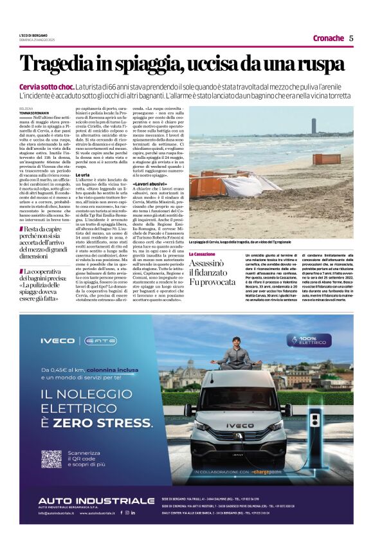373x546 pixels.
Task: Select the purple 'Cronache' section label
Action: pyautogui.click(x=328, y=38)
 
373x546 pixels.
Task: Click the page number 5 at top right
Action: pyautogui.click(x=351, y=38)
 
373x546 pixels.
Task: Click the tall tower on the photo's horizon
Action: pyautogui.click(x=314, y=125)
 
